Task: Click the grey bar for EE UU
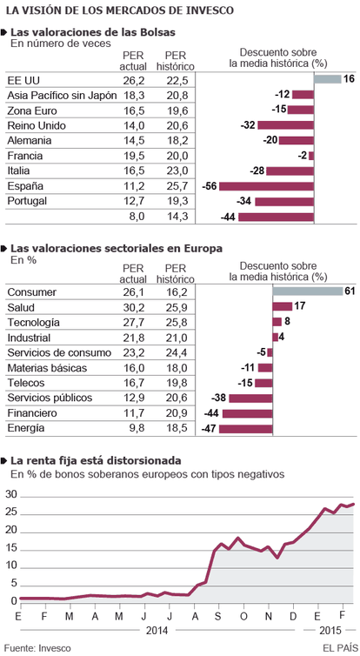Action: [x=328, y=79]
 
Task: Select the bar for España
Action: [x=266, y=186]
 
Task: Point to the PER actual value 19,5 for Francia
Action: [x=134, y=156]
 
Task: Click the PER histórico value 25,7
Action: [x=177, y=186]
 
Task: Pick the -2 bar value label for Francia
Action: [x=303, y=156]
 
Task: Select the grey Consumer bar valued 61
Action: [x=308, y=291]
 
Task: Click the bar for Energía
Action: [x=246, y=429]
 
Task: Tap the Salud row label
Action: [x=21, y=307]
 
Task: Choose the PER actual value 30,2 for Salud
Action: [x=134, y=307]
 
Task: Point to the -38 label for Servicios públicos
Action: [x=219, y=398]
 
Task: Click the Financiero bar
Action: [x=248, y=414]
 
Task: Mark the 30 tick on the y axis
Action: [x=11, y=495]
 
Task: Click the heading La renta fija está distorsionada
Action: [x=97, y=461]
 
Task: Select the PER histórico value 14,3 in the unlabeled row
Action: [x=177, y=217]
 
